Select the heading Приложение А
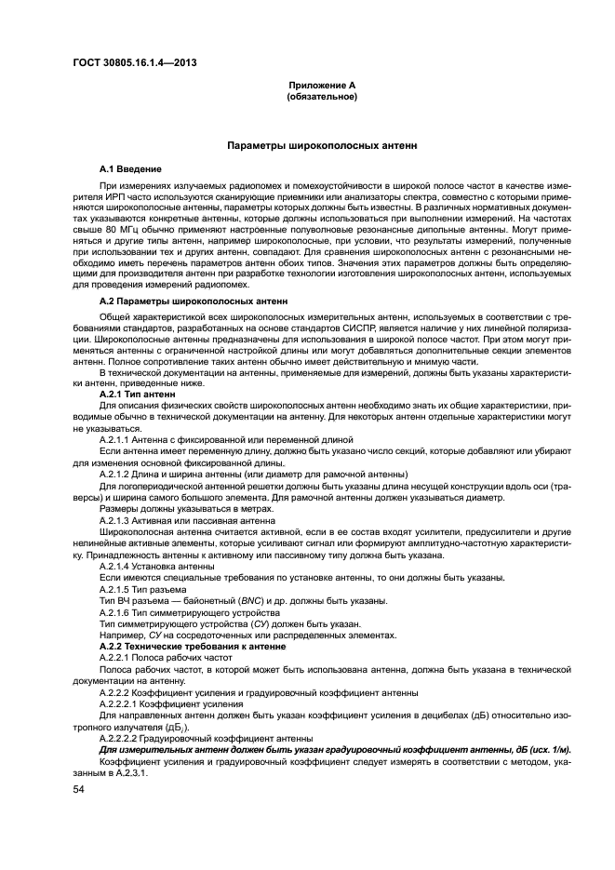[321, 86]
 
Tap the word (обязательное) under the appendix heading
[321, 96]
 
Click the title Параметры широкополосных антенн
[323, 147]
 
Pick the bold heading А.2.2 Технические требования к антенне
[191, 645]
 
